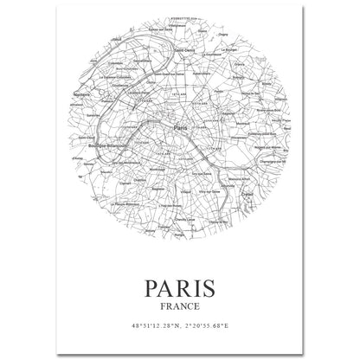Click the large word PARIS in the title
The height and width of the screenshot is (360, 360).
[x=180, y=284]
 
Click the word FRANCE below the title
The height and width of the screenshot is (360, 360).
[x=180, y=304]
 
